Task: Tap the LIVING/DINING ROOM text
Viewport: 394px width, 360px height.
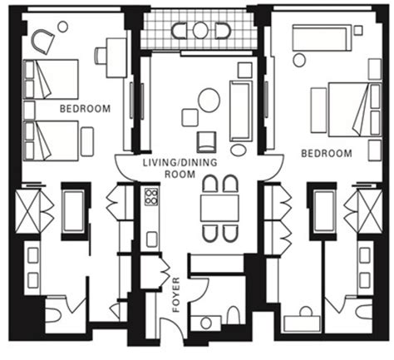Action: coord(169,170)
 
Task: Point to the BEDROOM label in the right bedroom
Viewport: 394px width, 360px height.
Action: coord(326,153)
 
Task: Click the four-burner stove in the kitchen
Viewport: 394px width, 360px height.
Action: coord(152,197)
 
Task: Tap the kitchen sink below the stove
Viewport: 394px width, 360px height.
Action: coord(152,239)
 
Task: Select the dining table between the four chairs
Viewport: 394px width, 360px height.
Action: coord(219,207)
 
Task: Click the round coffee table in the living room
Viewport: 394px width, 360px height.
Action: coord(209,100)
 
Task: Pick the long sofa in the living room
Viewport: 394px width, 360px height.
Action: coord(241,111)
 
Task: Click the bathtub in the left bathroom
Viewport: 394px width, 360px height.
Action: coord(73,212)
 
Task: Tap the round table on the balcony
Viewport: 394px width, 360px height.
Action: coord(200,31)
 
